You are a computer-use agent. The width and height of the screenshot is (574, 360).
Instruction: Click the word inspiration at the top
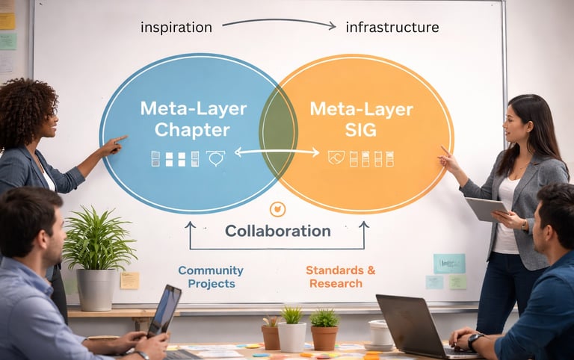[x=176, y=28]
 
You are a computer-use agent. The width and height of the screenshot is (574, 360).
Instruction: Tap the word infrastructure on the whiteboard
[x=392, y=28]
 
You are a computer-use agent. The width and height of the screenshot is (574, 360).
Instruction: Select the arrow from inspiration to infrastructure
[x=279, y=23]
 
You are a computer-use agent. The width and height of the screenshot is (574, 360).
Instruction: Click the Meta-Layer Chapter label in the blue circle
[x=194, y=119]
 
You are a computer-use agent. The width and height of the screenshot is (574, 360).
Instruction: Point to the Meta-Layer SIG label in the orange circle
[x=361, y=119]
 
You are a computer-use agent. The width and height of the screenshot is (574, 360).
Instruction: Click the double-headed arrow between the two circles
[x=277, y=152]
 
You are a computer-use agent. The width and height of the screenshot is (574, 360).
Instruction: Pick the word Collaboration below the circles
[x=277, y=231]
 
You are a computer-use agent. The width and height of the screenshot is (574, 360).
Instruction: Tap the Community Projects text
[x=211, y=276]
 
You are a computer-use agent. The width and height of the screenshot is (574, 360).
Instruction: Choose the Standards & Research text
[x=340, y=276]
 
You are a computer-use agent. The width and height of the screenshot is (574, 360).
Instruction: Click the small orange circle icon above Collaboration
[x=277, y=209]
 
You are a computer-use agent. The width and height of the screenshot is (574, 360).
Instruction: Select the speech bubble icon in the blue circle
[x=216, y=158]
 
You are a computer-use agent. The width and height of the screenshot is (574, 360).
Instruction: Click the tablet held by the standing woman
[x=486, y=208]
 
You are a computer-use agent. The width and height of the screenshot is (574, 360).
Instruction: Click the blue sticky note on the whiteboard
[x=449, y=263]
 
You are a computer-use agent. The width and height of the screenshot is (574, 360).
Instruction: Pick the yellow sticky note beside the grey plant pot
[x=129, y=280]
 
